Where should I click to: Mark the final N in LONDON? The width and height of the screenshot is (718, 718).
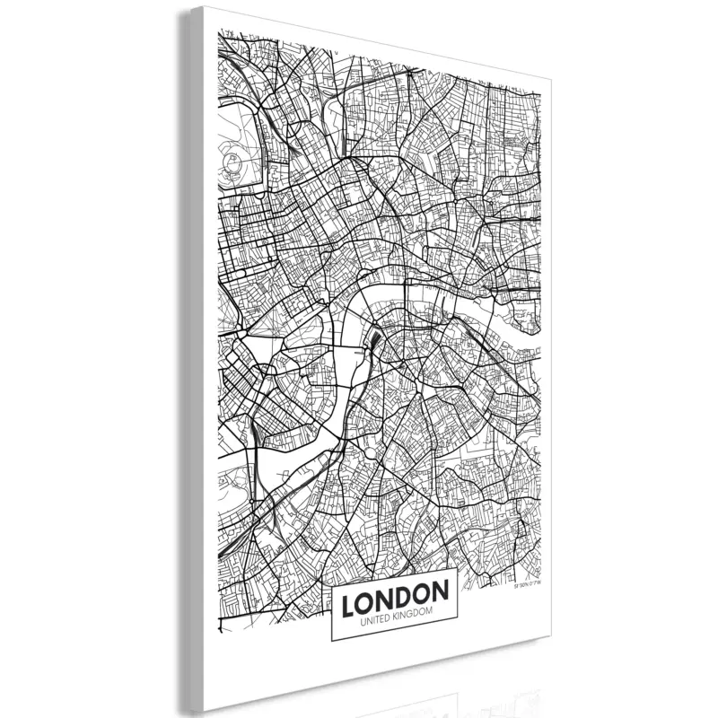(x=440, y=592)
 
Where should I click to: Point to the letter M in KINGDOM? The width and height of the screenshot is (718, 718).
(x=430, y=612)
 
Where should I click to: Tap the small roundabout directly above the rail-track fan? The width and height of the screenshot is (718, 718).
(x=372, y=315)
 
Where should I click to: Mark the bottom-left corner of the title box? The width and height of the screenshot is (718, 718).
(x=332, y=641)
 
